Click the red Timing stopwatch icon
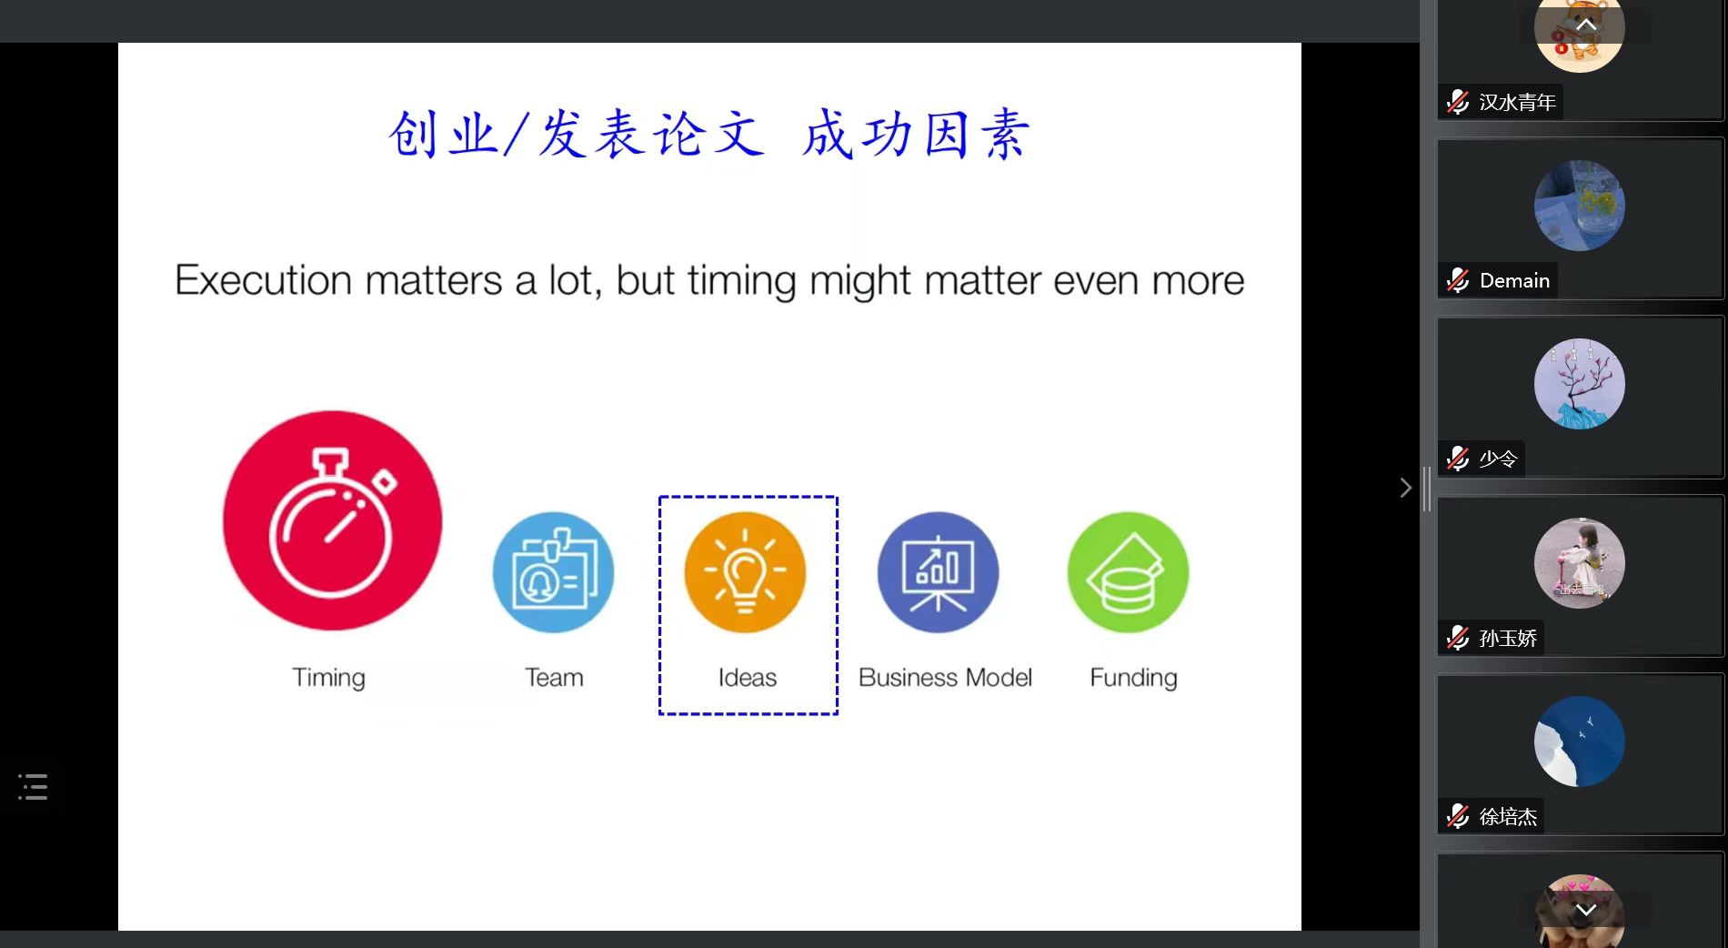coord(333,520)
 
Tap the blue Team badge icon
coord(553,572)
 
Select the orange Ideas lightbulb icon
coord(745,572)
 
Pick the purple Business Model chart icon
coord(938,572)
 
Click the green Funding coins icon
coord(1129,572)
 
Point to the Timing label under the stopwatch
coord(328,679)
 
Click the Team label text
coord(554,678)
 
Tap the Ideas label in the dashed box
coord(748,678)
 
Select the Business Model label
coord(945,678)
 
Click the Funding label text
coord(1133,679)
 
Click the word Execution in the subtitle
coord(264,280)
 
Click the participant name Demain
coord(1514,280)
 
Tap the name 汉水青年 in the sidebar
coord(1517,102)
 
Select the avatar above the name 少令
coord(1580,384)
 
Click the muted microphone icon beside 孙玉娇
coord(1458,637)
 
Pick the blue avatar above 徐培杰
coord(1580,741)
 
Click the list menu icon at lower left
coord(33,787)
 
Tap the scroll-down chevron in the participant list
coord(1586,910)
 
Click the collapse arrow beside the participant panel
coord(1406,488)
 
